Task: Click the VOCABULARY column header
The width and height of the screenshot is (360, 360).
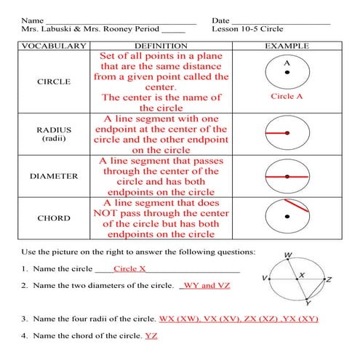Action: click(x=54, y=45)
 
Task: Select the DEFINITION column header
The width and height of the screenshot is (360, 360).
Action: click(x=166, y=45)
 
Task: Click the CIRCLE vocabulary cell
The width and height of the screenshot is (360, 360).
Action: click(x=54, y=81)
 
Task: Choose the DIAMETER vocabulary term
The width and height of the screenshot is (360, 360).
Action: click(x=54, y=176)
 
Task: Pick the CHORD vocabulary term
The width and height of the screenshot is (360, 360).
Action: click(x=54, y=217)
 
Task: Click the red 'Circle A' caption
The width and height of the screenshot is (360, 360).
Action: click(x=287, y=96)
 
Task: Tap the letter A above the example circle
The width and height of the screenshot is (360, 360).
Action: click(x=287, y=63)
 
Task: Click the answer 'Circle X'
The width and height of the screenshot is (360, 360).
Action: click(x=130, y=268)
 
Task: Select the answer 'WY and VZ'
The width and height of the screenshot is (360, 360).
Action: click(x=207, y=286)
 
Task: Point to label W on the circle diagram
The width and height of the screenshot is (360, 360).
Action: click(x=288, y=255)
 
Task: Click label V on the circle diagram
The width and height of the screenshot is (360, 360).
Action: click(x=264, y=278)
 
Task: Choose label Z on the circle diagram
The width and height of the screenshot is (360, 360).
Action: click(x=329, y=279)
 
